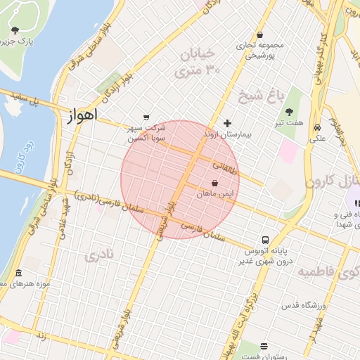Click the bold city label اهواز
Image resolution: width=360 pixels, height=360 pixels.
coord(83,115)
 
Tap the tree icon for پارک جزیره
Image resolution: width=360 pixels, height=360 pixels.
coord(15,30)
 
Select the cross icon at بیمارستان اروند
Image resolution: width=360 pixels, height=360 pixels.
coord(227,123)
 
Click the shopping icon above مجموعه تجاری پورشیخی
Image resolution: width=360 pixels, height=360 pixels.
coord(260,34)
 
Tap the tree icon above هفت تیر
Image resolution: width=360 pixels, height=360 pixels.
coord(290,111)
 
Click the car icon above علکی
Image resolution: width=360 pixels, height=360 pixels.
coord(318,128)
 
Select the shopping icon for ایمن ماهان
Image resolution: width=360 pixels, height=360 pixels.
coord(224,183)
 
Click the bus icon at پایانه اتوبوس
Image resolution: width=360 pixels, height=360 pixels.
coord(265,240)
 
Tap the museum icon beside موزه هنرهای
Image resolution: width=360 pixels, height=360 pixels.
coord(18,273)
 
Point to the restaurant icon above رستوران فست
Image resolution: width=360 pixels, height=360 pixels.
coord(264,346)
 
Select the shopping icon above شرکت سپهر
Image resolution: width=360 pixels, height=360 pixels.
coord(146,117)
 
